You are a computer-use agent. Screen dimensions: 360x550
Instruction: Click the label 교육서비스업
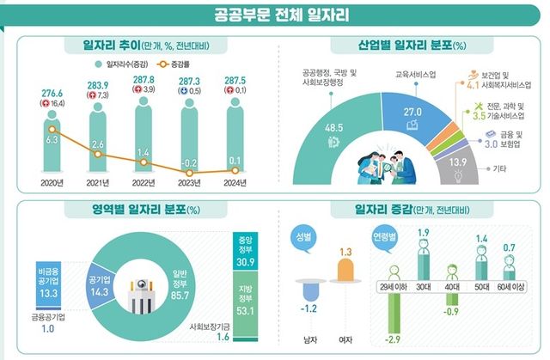click(x=416, y=75)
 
